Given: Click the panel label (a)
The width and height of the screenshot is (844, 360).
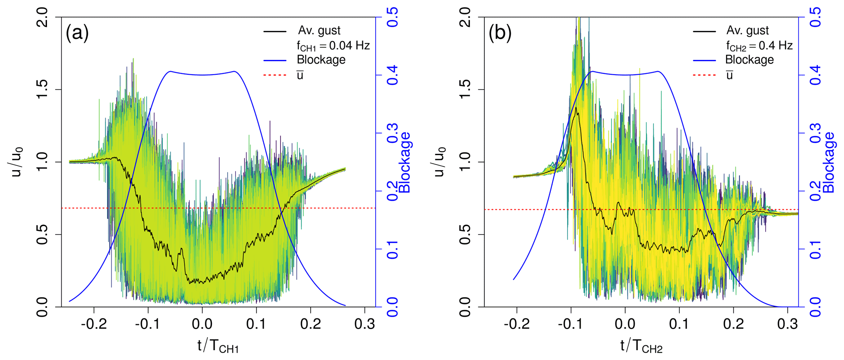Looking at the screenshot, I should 77,33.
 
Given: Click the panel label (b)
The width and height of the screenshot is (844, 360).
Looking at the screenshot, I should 500,33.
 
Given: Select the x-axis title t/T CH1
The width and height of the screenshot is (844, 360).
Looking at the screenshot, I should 218,346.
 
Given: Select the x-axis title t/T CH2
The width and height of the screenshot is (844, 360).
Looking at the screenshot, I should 641,346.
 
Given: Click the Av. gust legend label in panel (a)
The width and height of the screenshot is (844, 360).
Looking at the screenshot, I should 319,31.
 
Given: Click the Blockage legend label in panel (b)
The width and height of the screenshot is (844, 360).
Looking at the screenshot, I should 749,60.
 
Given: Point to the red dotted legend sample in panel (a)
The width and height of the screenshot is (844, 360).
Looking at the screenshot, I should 275,75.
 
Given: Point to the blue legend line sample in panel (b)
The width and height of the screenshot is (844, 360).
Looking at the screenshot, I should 704,60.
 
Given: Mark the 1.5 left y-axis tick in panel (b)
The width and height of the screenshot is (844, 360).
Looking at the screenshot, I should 465,89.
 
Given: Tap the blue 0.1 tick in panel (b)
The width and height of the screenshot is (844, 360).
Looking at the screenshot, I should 815,249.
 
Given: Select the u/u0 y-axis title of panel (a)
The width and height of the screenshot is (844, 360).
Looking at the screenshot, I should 17,162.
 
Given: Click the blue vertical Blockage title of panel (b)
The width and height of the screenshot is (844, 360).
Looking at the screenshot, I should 829,162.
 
